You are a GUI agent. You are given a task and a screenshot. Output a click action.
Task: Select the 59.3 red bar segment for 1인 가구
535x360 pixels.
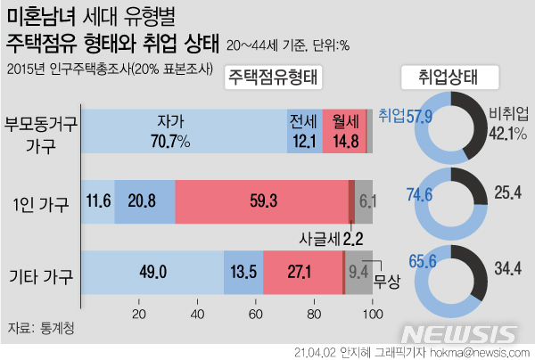pos(263,201)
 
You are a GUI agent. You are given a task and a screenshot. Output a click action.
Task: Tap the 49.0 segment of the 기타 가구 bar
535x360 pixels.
pos(152,271)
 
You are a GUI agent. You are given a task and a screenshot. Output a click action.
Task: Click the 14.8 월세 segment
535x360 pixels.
pos(344,139)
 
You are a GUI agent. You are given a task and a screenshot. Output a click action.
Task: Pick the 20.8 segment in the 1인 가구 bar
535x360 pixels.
pos(144,201)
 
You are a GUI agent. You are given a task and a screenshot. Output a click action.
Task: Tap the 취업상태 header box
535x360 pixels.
pos(445,77)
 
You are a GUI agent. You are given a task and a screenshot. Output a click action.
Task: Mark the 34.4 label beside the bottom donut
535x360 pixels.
pos(508,265)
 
